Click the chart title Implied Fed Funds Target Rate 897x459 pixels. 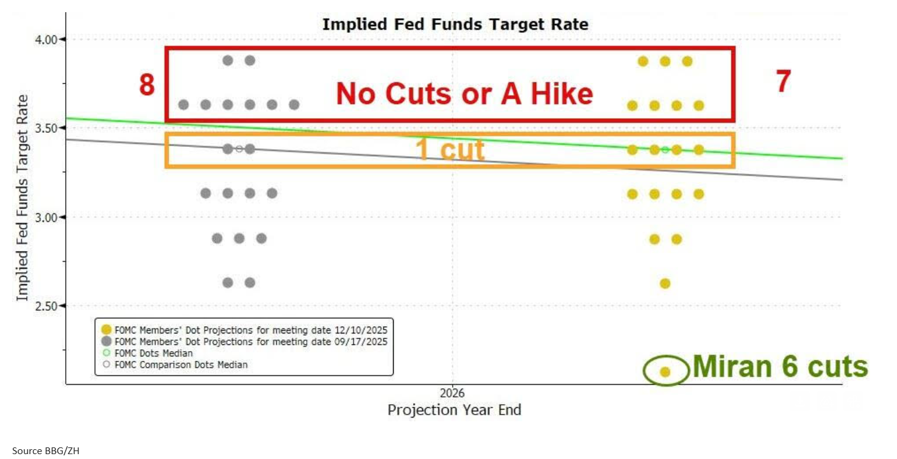pos(455,24)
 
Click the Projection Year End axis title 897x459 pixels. pos(454,410)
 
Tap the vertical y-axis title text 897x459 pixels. pos(23,197)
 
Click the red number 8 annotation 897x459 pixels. pos(147,85)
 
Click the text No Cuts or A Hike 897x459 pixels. pos(464,94)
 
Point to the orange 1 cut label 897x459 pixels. pos(450,150)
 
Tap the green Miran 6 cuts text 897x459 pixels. pos(780,367)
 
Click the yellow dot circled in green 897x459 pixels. pos(665,371)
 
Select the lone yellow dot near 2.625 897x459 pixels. pos(665,283)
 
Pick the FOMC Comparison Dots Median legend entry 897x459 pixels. pos(181,365)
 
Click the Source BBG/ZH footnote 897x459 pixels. pos(46,450)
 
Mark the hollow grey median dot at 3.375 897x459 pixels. pos(239,149)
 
